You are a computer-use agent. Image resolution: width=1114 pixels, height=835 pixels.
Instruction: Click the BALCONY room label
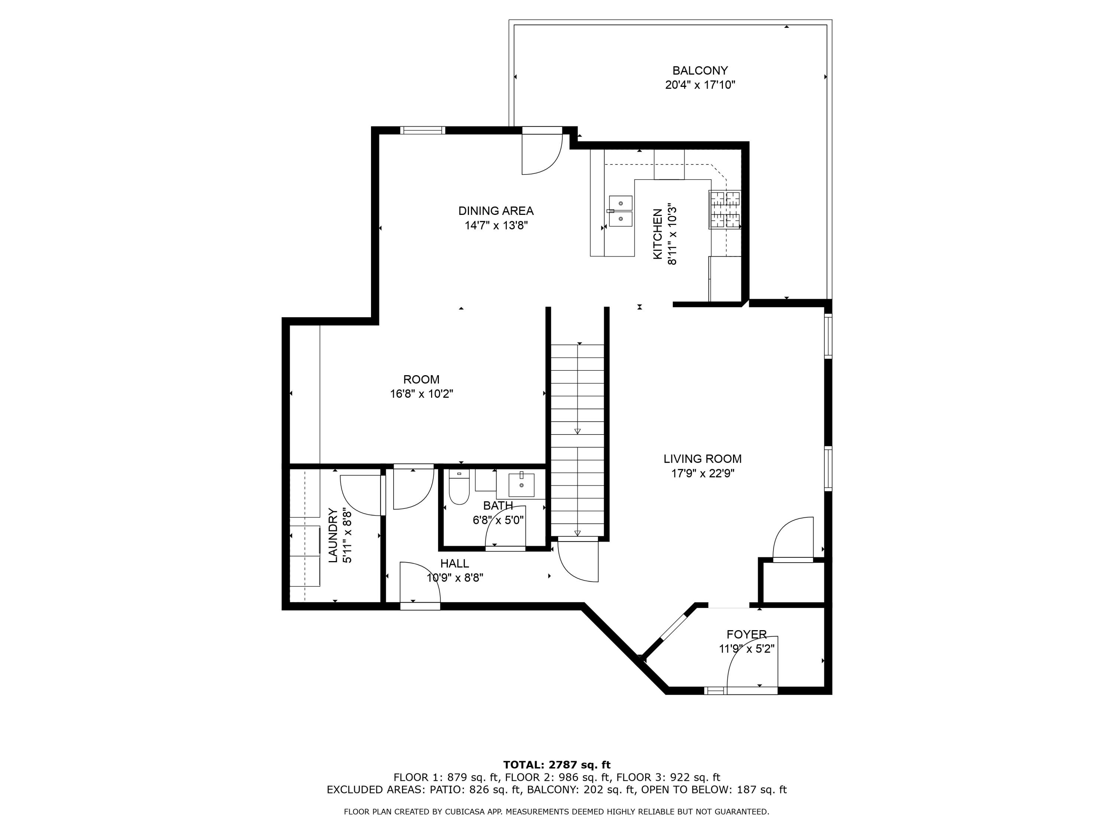pyautogui.click(x=700, y=71)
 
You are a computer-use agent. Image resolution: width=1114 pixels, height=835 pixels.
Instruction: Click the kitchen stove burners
pyautogui.click(x=725, y=209)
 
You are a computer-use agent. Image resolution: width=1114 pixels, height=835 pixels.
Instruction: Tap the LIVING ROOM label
pyautogui.click(x=702, y=459)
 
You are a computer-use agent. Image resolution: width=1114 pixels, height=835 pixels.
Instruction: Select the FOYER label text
pyautogui.click(x=746, y=635)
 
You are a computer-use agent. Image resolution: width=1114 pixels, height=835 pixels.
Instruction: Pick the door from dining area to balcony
pyautogui.click(x=542, y=151)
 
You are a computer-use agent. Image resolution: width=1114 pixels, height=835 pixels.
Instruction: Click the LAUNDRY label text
pyautogui.click(x=333, y=535)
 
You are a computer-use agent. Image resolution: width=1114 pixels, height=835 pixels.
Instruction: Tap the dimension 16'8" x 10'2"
pyautogui.click(x=421, y=394)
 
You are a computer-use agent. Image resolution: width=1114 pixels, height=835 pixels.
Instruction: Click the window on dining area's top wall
pyautogui.click(x=423, y=130)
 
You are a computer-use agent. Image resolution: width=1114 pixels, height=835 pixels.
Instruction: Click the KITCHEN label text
pyautogui.click(x=658, y=235)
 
